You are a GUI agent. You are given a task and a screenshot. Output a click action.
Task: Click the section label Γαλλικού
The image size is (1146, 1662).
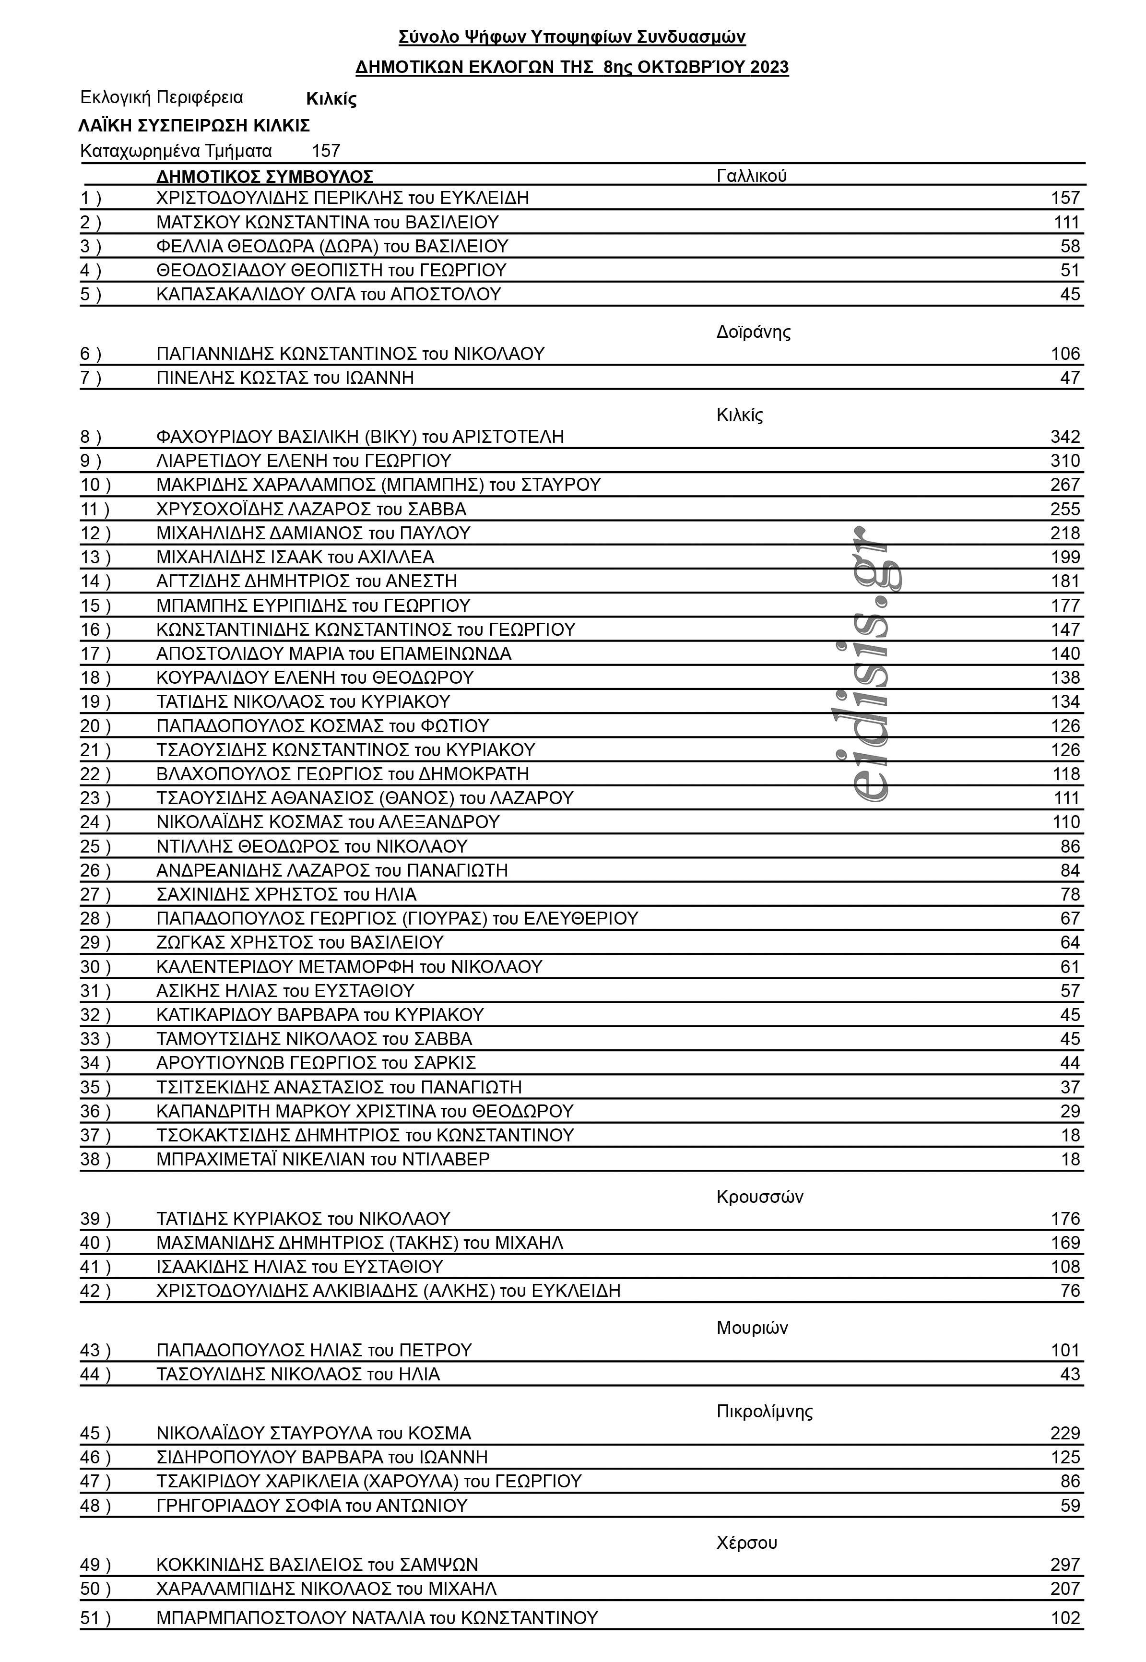(x=751, y=176)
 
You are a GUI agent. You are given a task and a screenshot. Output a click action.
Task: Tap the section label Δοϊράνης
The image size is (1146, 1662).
(x=753, y=332)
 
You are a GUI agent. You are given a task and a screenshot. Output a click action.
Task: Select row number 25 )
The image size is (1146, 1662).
(x=95, y=846)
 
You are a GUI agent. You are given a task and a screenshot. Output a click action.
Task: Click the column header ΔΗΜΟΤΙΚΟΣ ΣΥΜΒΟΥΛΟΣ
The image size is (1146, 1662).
(x=264, y=177)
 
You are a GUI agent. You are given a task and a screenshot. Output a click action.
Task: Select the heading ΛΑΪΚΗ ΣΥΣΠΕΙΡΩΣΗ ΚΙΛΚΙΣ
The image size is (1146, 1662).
(x=194, y=126)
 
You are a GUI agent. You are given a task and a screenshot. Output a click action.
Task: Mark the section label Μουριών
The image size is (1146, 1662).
(x=752, y=1327)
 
